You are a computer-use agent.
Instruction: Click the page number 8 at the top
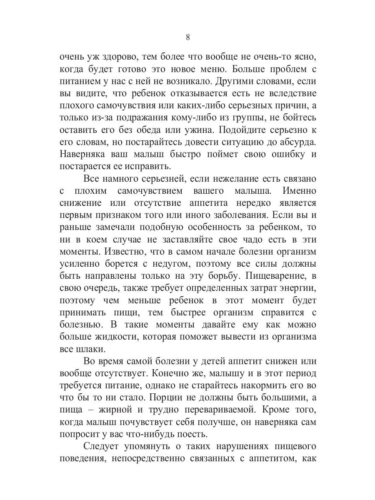187,37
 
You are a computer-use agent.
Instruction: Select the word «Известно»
112,252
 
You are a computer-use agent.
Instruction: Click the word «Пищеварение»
275,277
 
